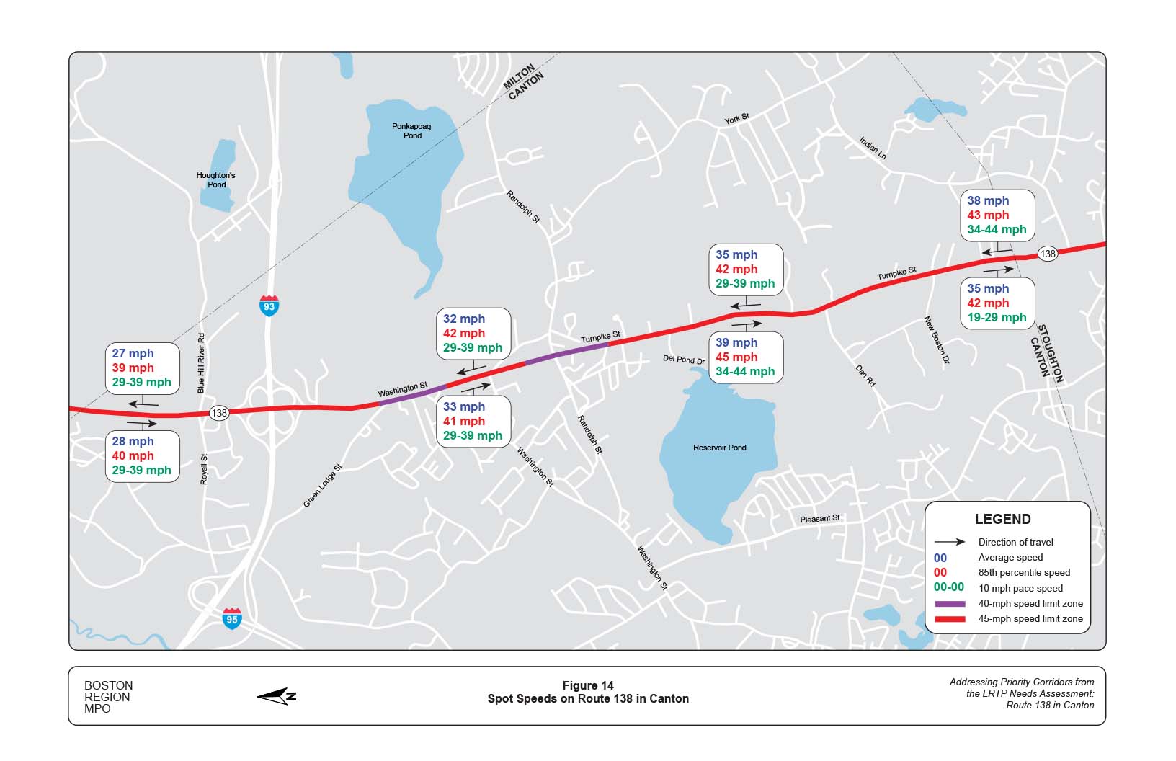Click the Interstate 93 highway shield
pos(269,306)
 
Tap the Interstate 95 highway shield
pos(231,618)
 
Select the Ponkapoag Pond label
pos(411,130)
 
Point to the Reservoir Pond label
pos(719,448)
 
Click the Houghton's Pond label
pos(216,179)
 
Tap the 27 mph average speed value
pos(133,353)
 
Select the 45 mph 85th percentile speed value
pos(736,357)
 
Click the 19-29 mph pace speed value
pos(997,317)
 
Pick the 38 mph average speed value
pos(988,200)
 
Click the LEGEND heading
pos(1002,519)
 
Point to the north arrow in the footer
pos(277,696)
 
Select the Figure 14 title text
pos(587,685)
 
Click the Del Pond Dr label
pos(684,359)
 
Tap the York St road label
pos(736,118)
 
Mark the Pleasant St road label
pos(819,519)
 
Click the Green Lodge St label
pos(322,486)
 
